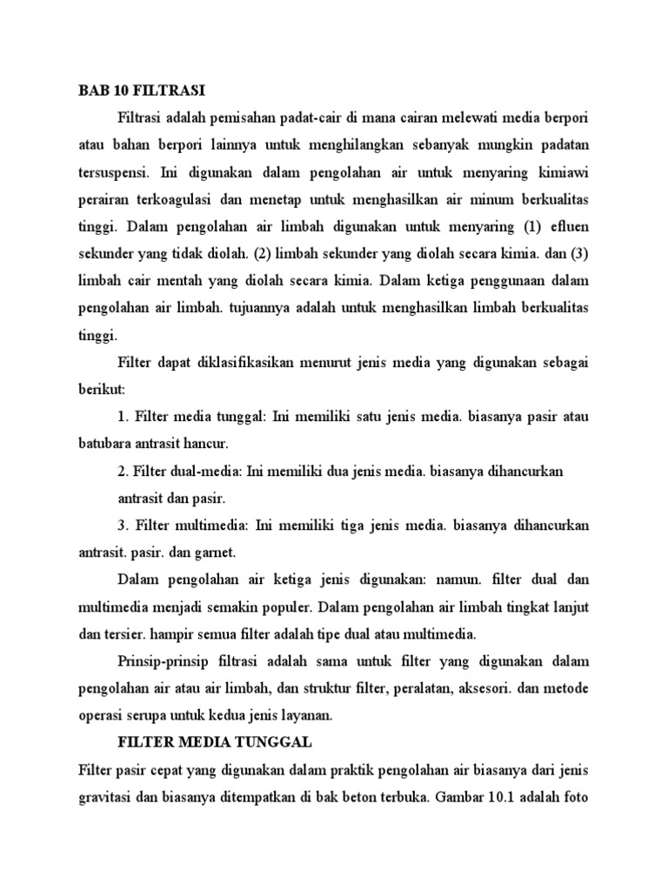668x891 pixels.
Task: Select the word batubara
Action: (x=107, y=444)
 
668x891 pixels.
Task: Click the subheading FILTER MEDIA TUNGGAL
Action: (x=214, y=744)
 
